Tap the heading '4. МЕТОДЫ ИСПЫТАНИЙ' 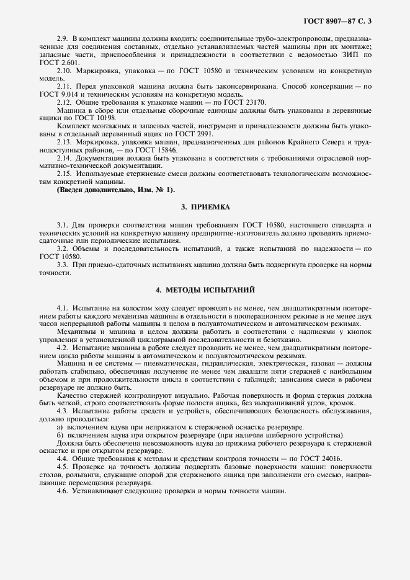(x=205, y=289)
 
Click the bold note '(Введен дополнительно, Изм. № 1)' (x=116, y=190)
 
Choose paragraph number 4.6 (x=62, y=491)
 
